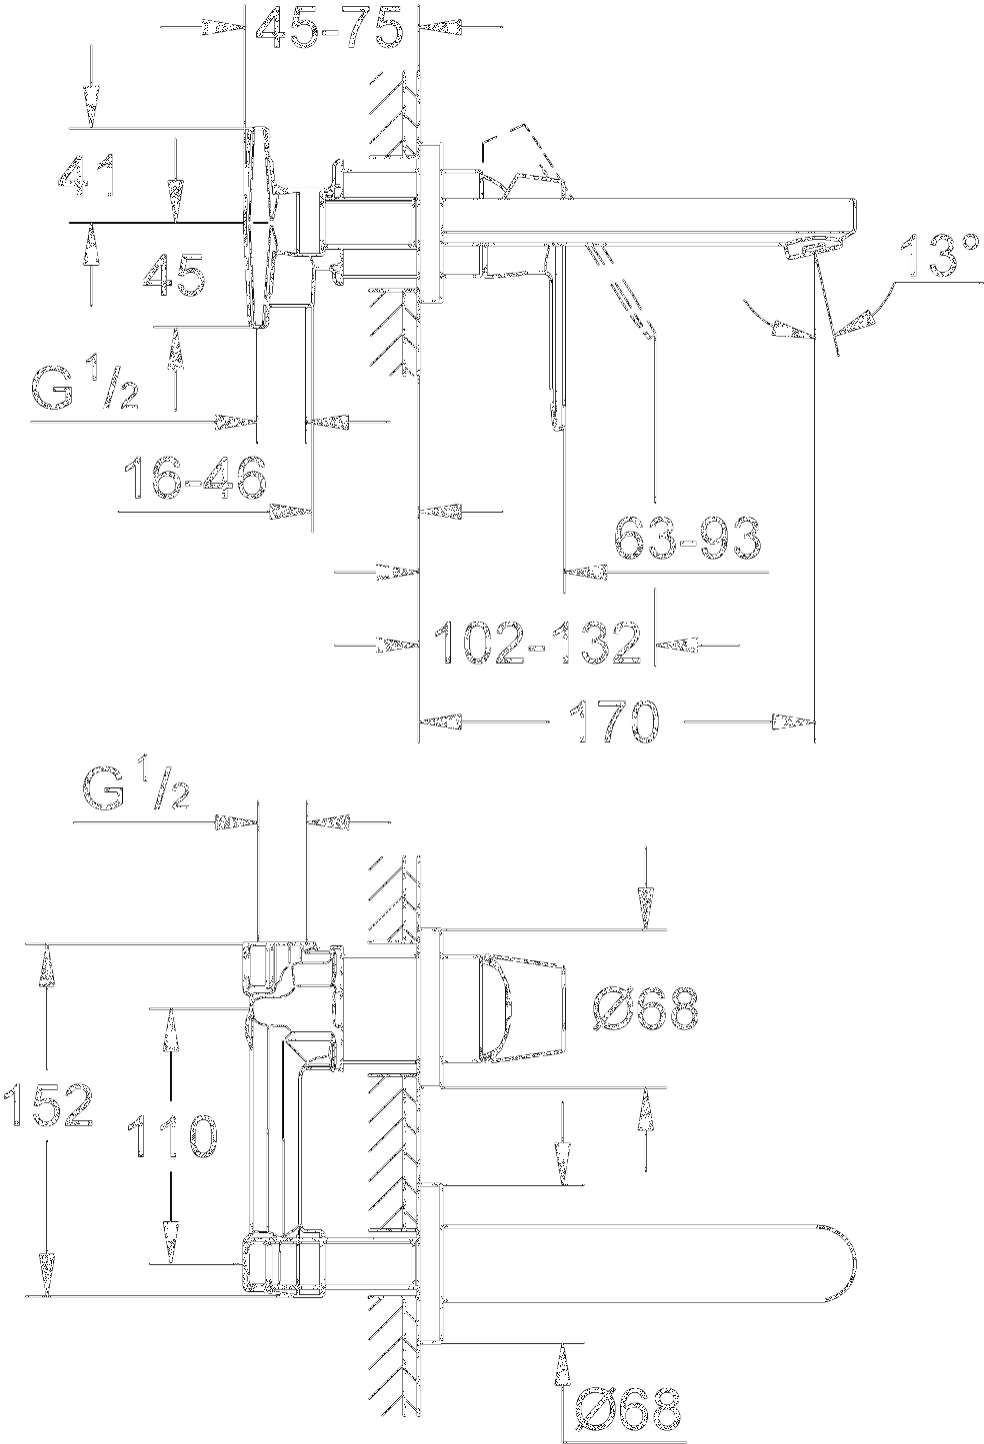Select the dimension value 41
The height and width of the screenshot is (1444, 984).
pos(88,176)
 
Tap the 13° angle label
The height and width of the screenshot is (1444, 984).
pos(937,257)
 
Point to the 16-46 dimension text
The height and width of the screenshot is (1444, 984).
pos(195,479)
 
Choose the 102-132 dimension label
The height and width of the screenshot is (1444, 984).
pos(536,643)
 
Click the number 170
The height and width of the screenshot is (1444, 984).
pos(614,721)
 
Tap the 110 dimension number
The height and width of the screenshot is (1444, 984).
pos(171,1136)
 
